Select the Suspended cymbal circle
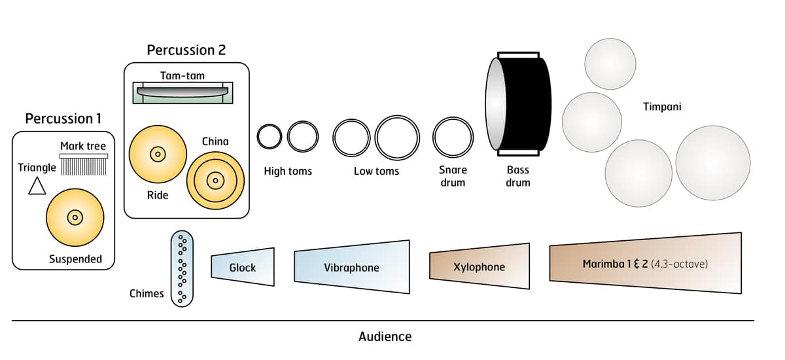[x=75, y=217]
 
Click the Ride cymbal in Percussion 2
[x=158, y=154]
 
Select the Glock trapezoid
[x=243, y=267]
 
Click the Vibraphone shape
[x=352, y=267]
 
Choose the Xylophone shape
[x=480, y=266]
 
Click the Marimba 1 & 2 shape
[x=646, y=265]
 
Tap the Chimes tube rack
[x=183, y=268]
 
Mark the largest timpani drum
[x=712, y=163]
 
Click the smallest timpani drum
[x=610, y=64]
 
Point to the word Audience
[x=385, y=337]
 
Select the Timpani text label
[x=661, y=106]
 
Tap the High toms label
[x=288, y=171]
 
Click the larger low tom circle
[x=396, y=137]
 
